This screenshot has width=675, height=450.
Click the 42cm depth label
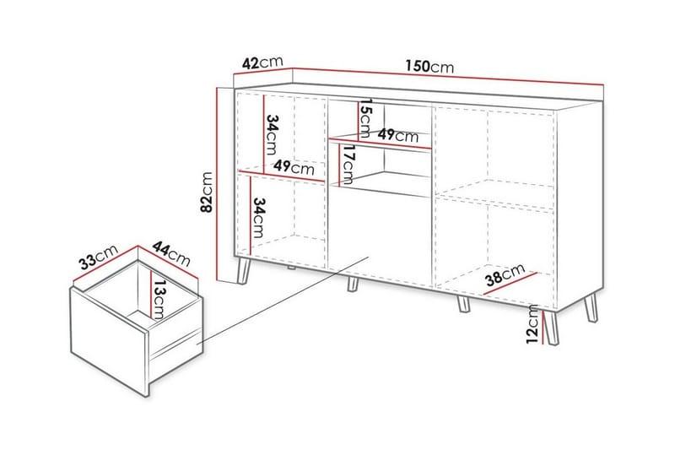262,62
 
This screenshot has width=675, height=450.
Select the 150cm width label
429,67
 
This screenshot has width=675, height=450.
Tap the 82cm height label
207,192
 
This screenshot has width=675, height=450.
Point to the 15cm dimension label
364,117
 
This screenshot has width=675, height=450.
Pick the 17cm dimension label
347,165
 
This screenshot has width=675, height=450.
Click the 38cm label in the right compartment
505,274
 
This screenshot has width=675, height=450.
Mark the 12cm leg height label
532,324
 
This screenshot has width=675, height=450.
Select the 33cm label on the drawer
99,257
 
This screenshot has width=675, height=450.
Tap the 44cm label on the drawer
171,254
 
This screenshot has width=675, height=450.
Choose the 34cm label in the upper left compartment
272,134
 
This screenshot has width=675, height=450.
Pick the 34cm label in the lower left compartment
259,218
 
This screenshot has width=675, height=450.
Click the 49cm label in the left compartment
294,167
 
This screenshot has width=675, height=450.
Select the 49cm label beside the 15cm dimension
397,135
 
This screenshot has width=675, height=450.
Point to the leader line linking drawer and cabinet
283,301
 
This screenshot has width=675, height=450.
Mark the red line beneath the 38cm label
510,284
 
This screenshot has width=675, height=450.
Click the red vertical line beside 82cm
219,184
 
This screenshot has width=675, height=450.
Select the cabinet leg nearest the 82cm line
243,271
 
